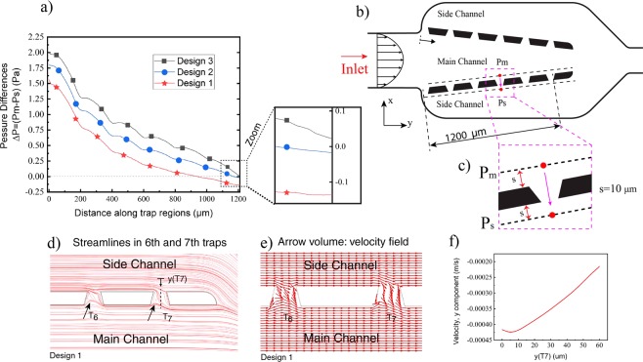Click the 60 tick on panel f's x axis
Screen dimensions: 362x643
pos(624,345)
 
